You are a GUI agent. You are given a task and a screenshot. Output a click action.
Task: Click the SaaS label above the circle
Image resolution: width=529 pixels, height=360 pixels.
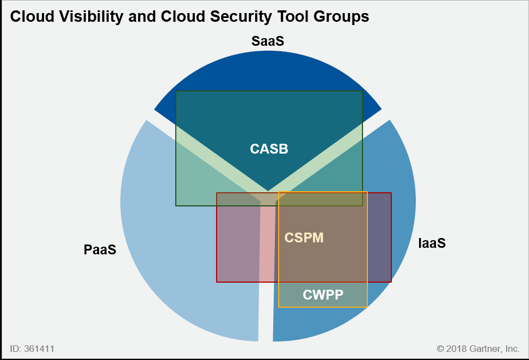click(x=268, y=41)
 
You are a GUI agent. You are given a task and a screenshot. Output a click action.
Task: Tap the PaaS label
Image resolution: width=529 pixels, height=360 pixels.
click(x=100, y=250)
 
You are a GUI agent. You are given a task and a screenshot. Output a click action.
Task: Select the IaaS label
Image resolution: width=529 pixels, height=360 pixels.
click(x=432, y=243)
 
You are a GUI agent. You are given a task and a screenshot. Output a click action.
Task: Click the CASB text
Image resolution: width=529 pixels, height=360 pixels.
click(x=269, y=149)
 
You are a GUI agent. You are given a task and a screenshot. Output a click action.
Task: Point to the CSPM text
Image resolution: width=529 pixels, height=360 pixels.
click(x=304, y=237)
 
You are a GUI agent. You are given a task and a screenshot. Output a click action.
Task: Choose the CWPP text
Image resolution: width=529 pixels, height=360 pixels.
click(x=323, y=295)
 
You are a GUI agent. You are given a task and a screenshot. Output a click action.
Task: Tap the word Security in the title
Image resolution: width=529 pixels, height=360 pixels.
click(x=241, y=16)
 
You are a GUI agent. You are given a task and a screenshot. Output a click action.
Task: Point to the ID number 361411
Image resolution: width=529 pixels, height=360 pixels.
click(x=39, y=349)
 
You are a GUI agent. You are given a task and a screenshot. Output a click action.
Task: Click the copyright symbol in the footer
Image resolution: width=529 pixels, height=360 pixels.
click(x=440, y=349)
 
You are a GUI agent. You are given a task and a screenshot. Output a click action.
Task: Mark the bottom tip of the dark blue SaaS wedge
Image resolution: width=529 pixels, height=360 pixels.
click(x=268, y=191)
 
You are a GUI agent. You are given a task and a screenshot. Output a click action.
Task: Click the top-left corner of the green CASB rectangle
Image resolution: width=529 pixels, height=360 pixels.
click(x=176, y=91)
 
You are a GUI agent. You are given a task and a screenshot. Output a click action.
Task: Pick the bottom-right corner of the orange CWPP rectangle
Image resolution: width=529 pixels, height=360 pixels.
click(x=367, y=307)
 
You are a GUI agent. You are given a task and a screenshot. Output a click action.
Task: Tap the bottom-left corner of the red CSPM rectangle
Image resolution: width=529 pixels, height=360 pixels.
click(x=217, y=282)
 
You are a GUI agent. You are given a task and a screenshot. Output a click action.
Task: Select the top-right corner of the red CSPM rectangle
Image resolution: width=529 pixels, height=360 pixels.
click(x=391, y=193)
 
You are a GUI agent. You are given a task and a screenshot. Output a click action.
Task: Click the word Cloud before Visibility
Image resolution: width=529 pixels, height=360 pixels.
click(x=32, y=16)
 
